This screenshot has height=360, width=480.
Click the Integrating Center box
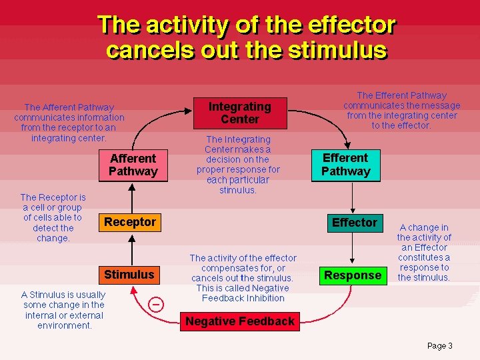[240, 113]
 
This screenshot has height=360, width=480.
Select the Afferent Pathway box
[133, 165]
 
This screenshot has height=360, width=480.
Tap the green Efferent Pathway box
[345, 165]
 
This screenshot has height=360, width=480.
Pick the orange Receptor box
[130, 222]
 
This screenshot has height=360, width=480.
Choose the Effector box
[355, 223]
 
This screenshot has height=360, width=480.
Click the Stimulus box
[129, 275]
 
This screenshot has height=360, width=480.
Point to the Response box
[353, 275]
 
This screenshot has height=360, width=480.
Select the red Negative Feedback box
[239, 321]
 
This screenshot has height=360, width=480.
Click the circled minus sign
[155, 304]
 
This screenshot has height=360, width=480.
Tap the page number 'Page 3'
[439, 345]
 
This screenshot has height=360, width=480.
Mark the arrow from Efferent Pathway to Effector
[353, 197]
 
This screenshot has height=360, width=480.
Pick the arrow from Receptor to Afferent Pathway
[132, 197]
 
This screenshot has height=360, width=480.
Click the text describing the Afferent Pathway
[69, 123]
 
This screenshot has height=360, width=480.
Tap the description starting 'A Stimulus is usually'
[63, 310]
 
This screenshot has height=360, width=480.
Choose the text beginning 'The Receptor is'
[53, 217]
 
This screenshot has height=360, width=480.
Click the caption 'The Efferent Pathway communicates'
[401, 110]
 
